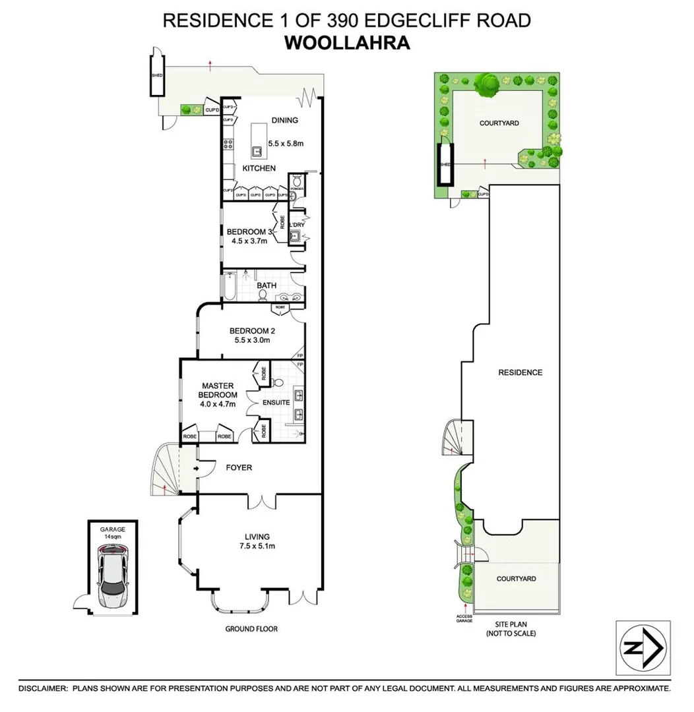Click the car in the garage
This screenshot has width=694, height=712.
(113, 579)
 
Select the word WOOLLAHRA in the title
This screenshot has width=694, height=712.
(347, 43)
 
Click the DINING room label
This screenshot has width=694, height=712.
(284, 121)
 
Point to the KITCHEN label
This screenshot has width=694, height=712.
(259, 169)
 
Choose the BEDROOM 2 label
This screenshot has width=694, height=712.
(250, 331)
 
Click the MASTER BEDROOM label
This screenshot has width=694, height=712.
(220, 390)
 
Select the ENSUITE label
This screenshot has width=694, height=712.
(276, 402)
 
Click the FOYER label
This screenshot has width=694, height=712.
(239, 468)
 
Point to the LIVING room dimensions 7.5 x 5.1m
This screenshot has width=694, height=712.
(257, 546)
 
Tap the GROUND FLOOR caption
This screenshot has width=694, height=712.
(251, 629)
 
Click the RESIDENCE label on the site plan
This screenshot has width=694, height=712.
(520, 372)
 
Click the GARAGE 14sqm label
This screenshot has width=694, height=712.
(112, 533)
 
